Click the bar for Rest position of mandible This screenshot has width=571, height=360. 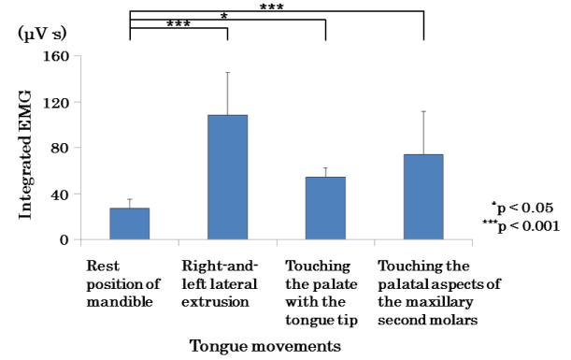pos(129,223)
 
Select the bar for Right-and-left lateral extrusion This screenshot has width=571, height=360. pos(227,178)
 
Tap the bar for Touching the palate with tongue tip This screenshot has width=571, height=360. pos(325,208)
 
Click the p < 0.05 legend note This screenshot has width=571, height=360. pos(525,207)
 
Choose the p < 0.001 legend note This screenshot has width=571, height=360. pos(523,225)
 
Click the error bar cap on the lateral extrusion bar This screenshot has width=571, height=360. pos(227,72)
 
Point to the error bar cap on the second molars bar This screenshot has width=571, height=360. pos(423,111)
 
